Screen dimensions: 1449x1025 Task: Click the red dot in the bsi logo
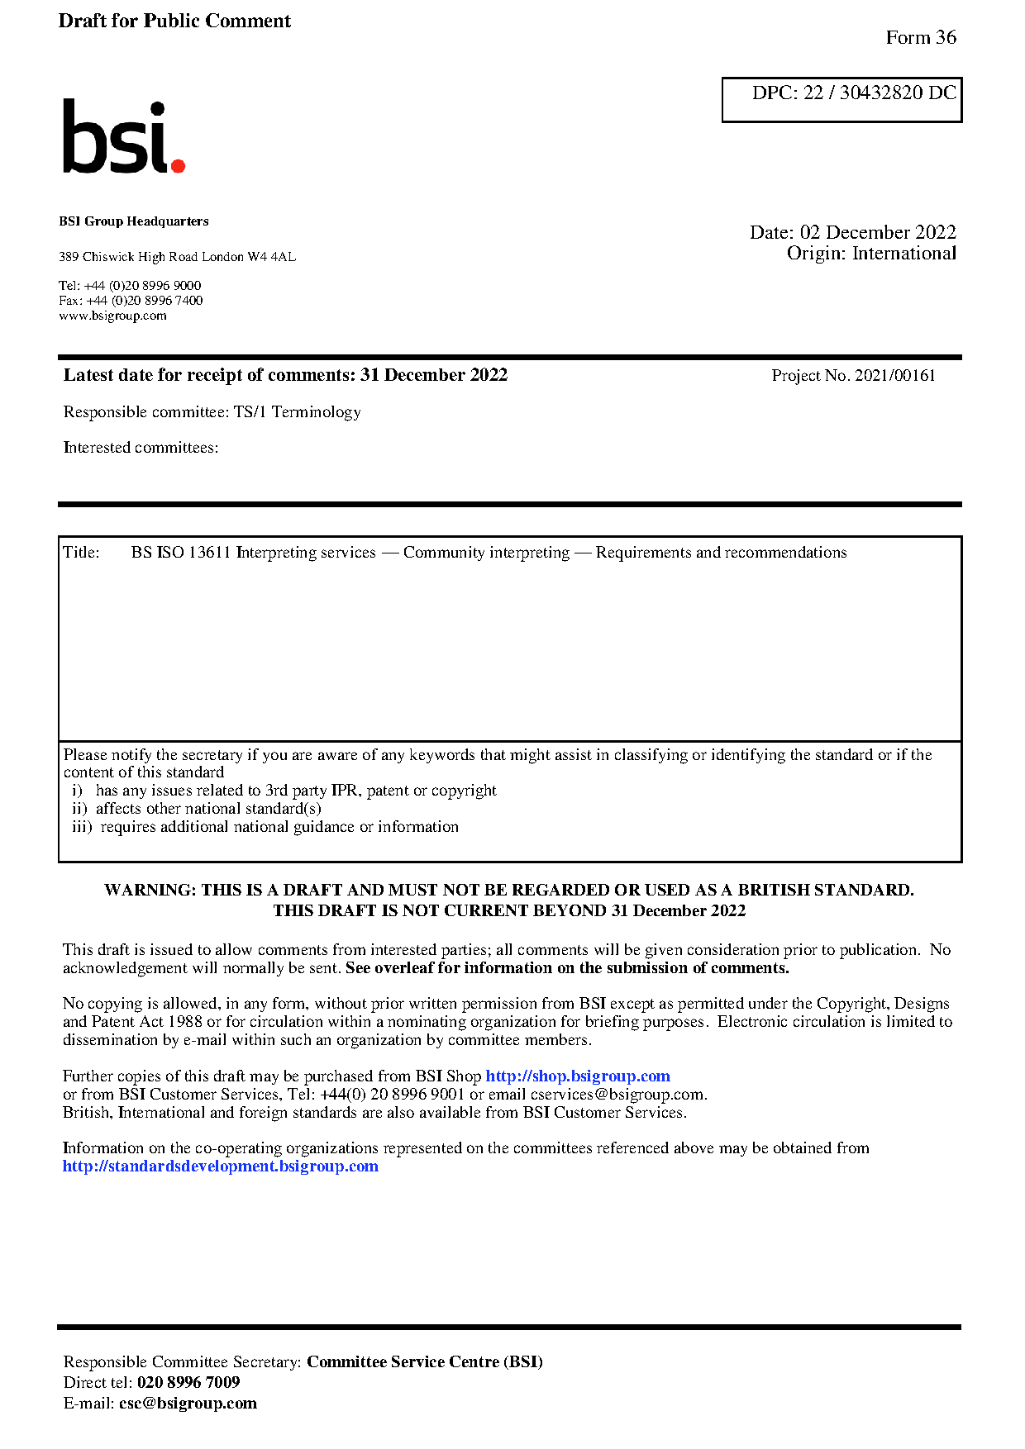pyautogui.click(x=177, y=165)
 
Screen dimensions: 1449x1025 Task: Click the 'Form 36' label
pyautogui.click(x=920, y=38)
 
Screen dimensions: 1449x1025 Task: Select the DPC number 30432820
pyautogui.click(x=880, y=93)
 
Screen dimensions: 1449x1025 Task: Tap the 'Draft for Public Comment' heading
pyautogui.click(x=174, y=21)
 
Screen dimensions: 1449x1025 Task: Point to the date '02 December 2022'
pyautogui.click(x=877, y=233)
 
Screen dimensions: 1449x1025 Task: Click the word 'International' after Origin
pyautogui.click(x=903, y=254)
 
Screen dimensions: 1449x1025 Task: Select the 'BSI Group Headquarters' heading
pyautogui.click(x=134, y=221)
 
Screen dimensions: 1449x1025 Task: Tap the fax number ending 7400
pyautogui.click(x=144, y=301)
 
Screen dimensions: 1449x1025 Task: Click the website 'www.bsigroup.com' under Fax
pyautogui.click(x=112, y=316)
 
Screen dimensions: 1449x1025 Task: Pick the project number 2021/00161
pyautogui.click(x=894, y=376)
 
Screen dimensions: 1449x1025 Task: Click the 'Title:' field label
pyautogui.click(x=81, y=553)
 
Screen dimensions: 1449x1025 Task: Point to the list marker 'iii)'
pyautogui.click(x=82, y=827)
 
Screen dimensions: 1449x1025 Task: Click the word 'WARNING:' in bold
pyautogui.click(x=150, y=891)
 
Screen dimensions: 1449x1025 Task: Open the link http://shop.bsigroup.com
pyautogui.click(x=577, y=1076)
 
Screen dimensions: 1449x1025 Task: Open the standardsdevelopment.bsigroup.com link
pyautogui.click(x=221, y=1166)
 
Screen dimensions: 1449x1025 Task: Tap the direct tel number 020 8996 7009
pyautogui.click(x=188, y=1383)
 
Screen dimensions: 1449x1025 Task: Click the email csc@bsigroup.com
pyautogui.click(x=188, y=1404)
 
